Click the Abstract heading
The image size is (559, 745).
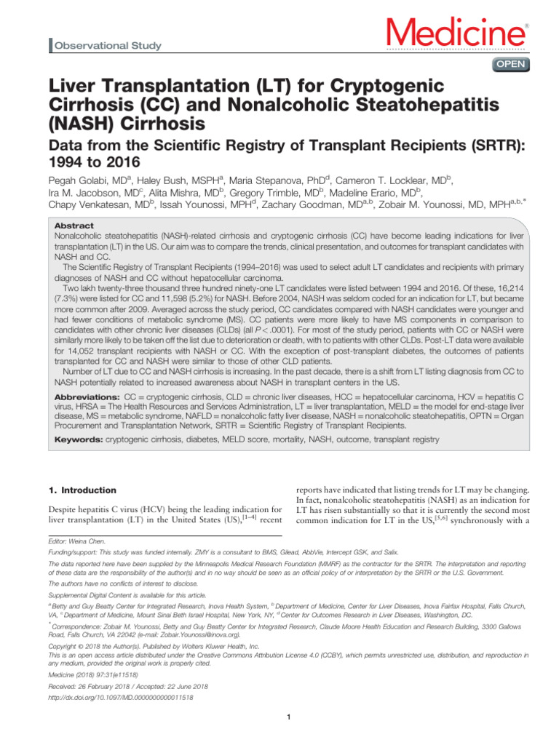point(75,226)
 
